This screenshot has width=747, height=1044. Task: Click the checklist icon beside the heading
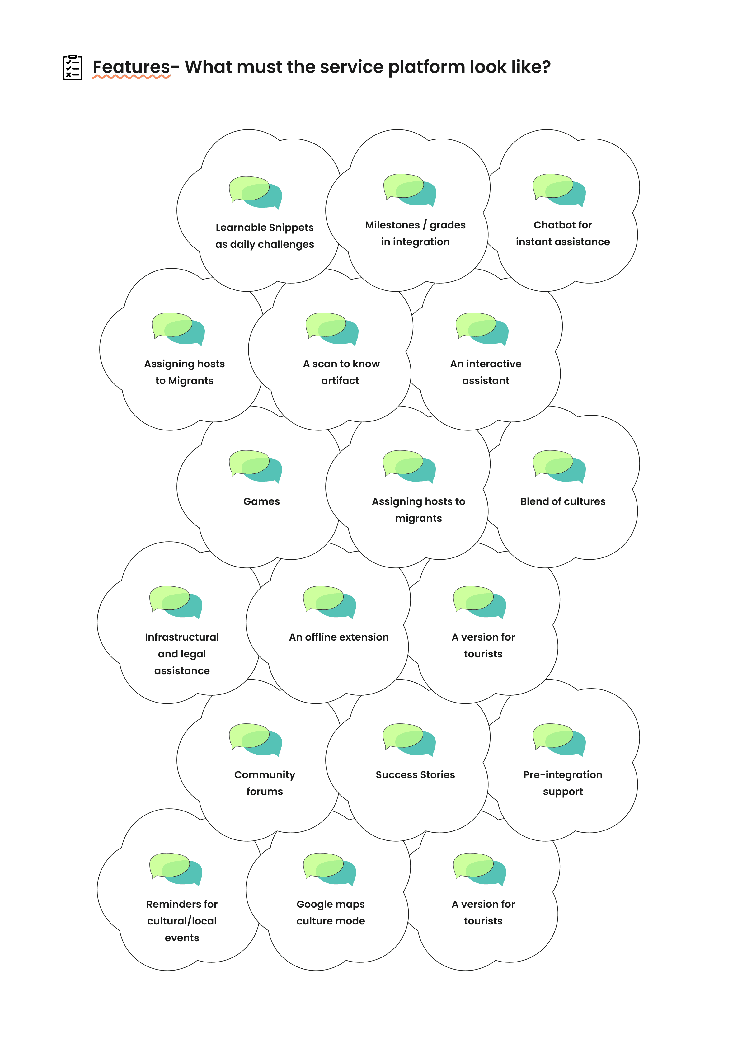[x=72, y=68]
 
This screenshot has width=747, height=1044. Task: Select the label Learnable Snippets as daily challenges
[x=265, y=236]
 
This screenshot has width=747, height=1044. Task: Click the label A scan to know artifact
[x=341, y=372]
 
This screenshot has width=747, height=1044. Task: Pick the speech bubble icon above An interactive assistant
[x=482, y=328]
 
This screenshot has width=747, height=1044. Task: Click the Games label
[x=261, y=501]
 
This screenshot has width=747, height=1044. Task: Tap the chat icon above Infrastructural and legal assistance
[x=176, y=602]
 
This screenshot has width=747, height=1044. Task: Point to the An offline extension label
[x=339, y=637]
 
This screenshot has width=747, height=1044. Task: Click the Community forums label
[x=265, y=783]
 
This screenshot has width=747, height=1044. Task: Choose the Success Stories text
[x=415, y=774]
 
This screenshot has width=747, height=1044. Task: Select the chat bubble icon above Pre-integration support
[x=559, y=739]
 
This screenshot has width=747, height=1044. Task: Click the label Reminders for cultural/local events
[x=182, y=921]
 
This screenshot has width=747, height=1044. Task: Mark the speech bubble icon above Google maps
[x=329, y=869]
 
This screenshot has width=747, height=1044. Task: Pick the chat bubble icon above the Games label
[x=255, y=466]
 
